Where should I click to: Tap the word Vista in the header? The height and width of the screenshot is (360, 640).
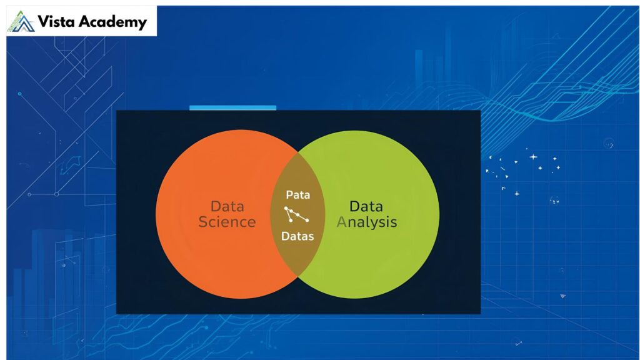tap(56, 22)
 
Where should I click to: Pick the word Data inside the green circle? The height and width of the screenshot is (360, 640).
tap(366, 206)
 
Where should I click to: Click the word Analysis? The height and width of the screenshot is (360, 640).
tap(366, 222)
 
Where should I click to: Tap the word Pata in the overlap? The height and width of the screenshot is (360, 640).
tap(297, 194)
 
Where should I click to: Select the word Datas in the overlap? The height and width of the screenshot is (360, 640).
tap(297, 236)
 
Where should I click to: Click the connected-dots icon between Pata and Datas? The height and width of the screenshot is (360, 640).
tap(296, 214)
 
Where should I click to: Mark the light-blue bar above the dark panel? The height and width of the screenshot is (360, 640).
tap(232, 107)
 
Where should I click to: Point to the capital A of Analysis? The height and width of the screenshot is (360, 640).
tap(341, 222)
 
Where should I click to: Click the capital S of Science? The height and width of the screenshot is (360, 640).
tap(202, 222)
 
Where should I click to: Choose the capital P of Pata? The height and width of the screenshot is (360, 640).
tap(289, 194)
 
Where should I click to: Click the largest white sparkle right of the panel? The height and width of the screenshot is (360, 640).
tap(532, 157)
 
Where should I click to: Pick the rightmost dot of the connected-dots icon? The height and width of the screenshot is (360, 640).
tap(307, 219)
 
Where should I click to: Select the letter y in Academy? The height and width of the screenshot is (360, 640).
tap(142, 24)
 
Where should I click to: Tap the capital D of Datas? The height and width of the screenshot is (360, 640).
tap(285, 236)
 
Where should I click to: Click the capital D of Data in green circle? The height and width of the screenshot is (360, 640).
tap(354, 206)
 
